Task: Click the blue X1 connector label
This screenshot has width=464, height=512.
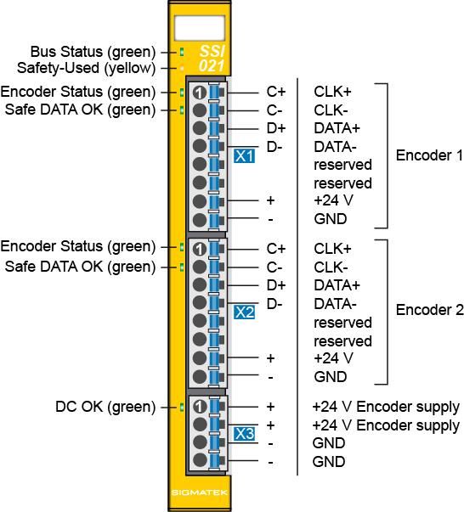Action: pyautogui.click(x=244, y=156)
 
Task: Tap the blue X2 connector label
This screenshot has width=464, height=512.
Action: pyautogui.click(x=244, y=312)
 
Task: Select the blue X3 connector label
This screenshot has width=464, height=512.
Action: pyautogui.click(x=244, y=434)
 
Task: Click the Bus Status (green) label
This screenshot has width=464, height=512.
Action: pyautogui.click(x=93, y=53)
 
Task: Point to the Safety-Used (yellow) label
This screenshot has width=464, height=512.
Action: pyautogui.click(x=87, y=68)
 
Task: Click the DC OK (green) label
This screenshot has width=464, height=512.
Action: pyautogui.click(x=105, y=407)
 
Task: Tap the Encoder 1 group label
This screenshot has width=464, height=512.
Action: pyautogui.click(x=429, y=155)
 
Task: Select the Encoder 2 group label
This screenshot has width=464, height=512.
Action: pyautogui.click(x=429, y=310)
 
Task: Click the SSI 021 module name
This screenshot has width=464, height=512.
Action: pyautogui.click(x=212, y=59)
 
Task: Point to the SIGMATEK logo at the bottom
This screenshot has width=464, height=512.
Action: pyautogui.click(x=199, y=492)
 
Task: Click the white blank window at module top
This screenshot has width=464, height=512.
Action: pyautogui.click(x=200, y=28)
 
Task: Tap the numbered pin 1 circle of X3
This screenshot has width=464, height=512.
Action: pyautogui.click(x=199, y=407)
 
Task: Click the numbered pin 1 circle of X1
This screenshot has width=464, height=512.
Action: pyautogui.click(x=200, y=93)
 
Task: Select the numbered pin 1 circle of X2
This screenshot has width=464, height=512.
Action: pyautogui.click(x=199, y=250)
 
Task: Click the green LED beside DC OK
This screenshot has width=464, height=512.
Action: pyautogui.click(x=182, y=408)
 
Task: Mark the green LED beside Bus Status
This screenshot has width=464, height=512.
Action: pyautogui.click(x=182, y=52)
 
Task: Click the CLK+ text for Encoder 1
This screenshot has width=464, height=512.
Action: pyautogui.click(x=332, y=92)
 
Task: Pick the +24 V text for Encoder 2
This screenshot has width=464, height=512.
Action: pyautogui.click(x=333, y=358)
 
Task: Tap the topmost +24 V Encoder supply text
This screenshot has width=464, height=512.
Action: pyautogui.click(x=386, y=408)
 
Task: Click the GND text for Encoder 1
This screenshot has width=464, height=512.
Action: pyautogui.click(x=331, y=219)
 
